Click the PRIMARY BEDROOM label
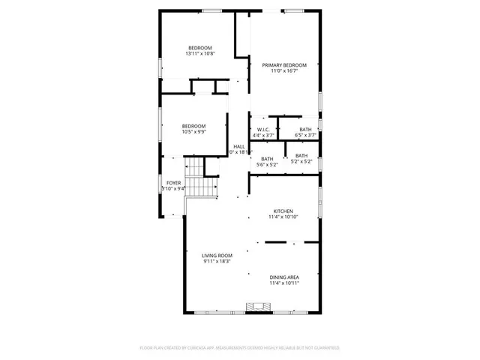(284, 65)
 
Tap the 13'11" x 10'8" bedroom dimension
(200, 54)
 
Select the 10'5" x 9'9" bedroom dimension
(193, 132)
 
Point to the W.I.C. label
(262, 130)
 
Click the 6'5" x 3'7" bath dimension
(305, 135)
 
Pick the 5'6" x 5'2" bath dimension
(267, 164)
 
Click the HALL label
(238, 146)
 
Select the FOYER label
(173, 182)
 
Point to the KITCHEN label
(283, 211)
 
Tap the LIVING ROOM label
(217, 256)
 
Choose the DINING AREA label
(284, 277)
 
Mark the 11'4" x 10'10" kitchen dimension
(283, 217)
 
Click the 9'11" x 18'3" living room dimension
(217, 262)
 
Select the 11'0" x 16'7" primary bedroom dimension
(284, 71)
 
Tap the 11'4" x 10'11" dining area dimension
(284, 283)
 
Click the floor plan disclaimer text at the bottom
(240, 348)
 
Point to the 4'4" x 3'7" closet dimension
(262, 135)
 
